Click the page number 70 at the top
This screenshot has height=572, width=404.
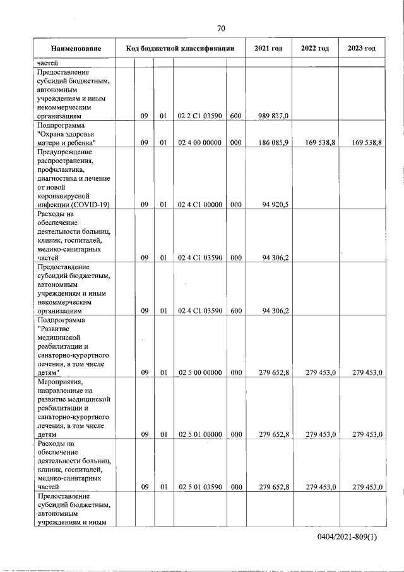220,28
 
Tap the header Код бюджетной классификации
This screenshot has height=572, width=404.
181,49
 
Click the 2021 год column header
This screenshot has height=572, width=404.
268,49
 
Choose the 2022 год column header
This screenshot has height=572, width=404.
314,49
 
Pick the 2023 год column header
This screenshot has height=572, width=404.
361,49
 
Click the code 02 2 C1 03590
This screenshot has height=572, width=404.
199,116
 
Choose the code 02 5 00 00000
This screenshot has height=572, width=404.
199,373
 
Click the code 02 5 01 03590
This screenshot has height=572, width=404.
199,487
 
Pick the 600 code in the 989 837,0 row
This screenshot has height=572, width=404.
235,116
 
